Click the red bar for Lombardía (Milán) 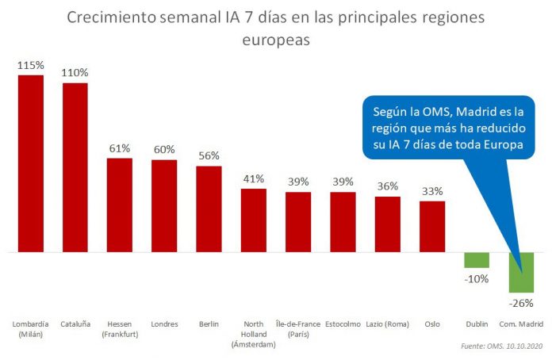click(30, 163)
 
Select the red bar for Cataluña click(75, 167)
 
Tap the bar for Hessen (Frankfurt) click(120, 205)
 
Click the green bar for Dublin click(477, 260)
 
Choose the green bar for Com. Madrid click(521, 272)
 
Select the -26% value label click(521, 301)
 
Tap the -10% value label click(477, 278)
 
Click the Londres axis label click(164, 324)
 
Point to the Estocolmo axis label click(343, 324)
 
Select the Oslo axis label click(432, 324)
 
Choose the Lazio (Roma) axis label click(388, 324)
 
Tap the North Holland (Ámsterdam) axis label click(253, 333)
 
